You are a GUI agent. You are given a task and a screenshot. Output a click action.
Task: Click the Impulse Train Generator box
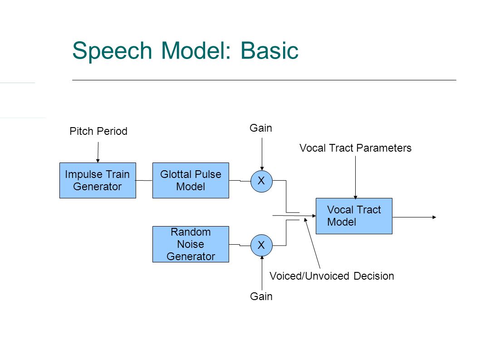(x=98, y=181)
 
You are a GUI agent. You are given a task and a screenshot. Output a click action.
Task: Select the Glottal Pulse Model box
(x=191, y=181)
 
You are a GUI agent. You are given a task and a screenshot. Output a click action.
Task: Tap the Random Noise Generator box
(x=191, y=244)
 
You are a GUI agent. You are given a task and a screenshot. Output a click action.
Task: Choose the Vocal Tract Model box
(x=354, y=216)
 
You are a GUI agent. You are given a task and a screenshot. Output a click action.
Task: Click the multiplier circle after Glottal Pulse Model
(x=261, y=181)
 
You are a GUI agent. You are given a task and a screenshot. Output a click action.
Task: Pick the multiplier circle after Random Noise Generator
(x=261, y=245)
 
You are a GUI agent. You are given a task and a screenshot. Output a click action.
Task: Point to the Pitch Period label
(x=98, y=131)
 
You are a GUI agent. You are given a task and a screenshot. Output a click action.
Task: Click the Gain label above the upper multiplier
(x=261, y=128)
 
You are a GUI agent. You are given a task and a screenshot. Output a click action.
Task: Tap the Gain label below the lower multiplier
(x=261, y=296)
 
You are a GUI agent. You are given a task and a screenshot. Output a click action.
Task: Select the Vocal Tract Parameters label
(x=355, y=148)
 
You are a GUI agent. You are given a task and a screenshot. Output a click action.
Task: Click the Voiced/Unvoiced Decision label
(x=332, y=276)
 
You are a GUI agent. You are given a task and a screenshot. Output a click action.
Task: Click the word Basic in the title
(x=269, y=50)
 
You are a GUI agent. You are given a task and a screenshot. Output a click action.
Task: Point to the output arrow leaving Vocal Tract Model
(x=414, y=217)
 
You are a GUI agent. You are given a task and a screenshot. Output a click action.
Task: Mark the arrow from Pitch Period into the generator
(x=98, y=153)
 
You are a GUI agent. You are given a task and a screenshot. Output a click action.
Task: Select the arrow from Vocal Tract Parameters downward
(x=355, y=178)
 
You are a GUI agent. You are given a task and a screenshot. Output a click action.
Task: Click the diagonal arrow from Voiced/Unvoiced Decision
(x=312, y=243)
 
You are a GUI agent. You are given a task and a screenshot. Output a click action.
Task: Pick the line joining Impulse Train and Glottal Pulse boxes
(x=144, y=181)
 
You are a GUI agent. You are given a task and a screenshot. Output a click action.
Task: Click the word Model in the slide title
(x=196, y=50)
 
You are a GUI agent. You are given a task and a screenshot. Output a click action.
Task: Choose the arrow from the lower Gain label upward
(x=262, y=273)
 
